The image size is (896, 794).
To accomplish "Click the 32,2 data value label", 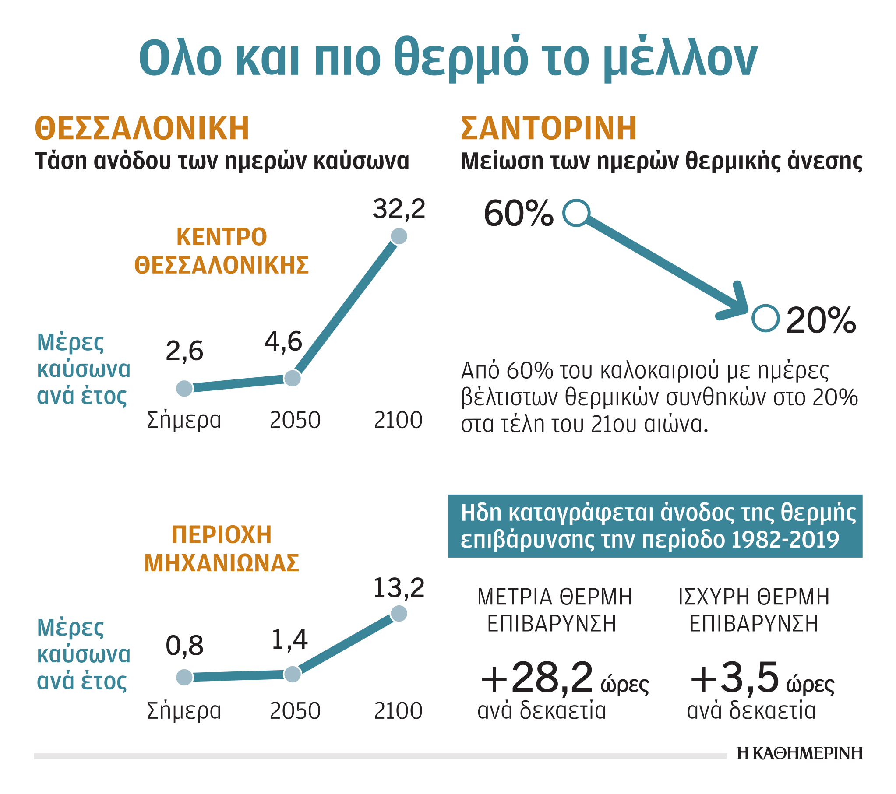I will coord(399,209).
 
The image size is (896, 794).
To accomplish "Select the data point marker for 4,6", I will coord(293,378).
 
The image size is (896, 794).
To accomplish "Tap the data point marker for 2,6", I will coord(184,388).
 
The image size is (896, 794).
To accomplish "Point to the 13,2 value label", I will coord(399,588).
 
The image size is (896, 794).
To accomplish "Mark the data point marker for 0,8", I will coord(184,677).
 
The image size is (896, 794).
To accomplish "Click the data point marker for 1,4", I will coord(293,675).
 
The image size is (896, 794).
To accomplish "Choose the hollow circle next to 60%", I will coord(576,214).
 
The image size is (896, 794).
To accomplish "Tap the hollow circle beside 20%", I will coord(765,318).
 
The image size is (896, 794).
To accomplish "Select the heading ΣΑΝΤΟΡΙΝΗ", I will coord(548,128).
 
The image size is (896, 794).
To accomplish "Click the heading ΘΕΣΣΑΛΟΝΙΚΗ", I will coord(142,128).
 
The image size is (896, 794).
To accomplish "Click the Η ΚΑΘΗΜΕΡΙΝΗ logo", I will coord(800,753).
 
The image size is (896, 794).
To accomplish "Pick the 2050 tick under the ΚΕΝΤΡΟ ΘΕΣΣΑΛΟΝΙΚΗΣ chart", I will coord(295,420).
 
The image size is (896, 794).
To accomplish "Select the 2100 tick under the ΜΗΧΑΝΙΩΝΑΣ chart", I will coord(398,711).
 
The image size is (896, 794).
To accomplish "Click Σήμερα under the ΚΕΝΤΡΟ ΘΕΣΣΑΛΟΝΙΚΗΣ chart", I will coord(183,420).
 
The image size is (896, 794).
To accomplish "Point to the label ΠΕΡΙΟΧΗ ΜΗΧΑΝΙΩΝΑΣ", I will coord(222,548).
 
